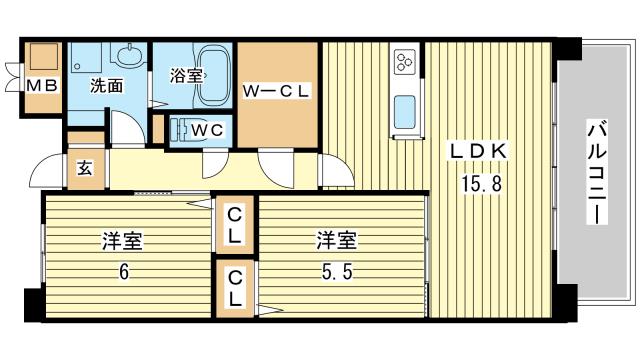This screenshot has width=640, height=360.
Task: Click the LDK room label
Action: coord(481,151)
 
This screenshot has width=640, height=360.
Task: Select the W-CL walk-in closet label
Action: coord(277,91)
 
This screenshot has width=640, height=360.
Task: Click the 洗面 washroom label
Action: coord(107,87)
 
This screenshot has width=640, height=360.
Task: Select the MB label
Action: coord(42,87)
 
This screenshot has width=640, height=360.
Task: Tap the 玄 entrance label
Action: coord(84,168)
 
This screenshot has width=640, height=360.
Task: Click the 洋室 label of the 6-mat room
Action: coord(122,242)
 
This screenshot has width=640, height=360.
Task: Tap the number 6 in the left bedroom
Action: coord(121,271)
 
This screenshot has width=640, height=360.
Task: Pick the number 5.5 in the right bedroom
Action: coord(337,271)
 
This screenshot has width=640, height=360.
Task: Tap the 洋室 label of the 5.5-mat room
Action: coord(337,242)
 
